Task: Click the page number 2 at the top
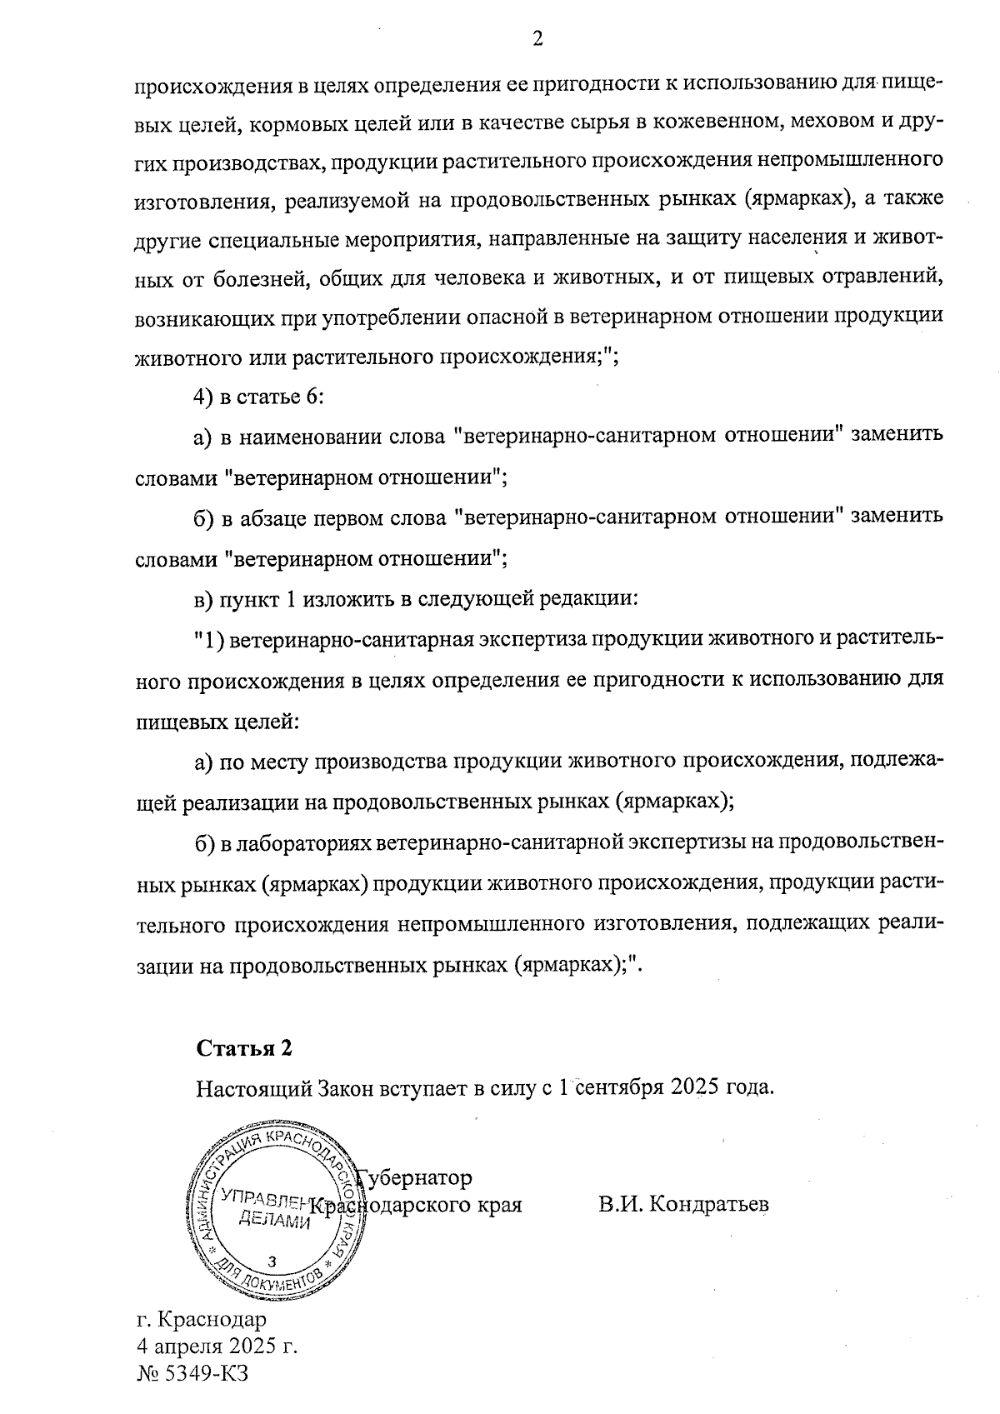(537, 39)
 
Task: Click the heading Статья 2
(244, 1047)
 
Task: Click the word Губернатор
(414, 1177)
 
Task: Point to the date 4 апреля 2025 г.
(217, 1346)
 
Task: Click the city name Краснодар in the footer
(212, 1320)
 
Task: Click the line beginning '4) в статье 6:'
(259, 396)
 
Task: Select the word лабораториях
(304, 844)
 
